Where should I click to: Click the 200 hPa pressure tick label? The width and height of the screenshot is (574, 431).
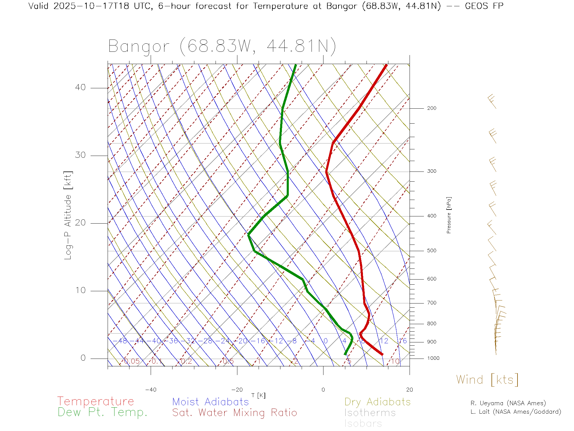click(x=431, y=108)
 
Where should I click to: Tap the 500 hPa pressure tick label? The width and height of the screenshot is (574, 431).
click(x=431, y=251)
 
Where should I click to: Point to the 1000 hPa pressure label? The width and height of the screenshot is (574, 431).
click(x=433, y=358)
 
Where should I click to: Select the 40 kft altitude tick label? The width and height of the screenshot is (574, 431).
click(x=80, y=87)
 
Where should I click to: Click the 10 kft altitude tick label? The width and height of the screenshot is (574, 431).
click(x=80, y=290)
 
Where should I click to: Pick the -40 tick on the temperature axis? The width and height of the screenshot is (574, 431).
click(x=151, y=390)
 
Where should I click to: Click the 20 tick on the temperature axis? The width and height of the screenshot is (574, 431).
click(x=409, y=390)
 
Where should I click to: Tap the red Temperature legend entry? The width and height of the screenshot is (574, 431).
click(x=95, y=401)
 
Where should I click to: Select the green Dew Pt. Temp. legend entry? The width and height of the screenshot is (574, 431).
click(x=103, y=412)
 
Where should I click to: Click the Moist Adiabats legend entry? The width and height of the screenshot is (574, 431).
click(x=210, y=402)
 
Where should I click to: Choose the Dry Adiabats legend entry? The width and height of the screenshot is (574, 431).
click(x=377, y=402)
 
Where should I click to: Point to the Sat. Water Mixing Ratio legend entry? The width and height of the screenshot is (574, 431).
click(x=234, y=413)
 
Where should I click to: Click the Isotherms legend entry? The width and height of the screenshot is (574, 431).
click(x=370, y=413)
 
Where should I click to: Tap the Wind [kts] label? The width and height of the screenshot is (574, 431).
click(x=487, y=380)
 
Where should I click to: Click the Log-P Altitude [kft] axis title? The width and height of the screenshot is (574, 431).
click(x=68, y=215)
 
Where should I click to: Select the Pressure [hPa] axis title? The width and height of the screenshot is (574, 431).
click(x=449, y=215)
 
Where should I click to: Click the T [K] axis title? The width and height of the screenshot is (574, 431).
click(x=258, y=395)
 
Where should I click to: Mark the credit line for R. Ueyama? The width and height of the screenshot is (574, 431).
click(x=508, y=403)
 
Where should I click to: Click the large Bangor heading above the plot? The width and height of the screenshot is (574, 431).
click(x=222, y=46)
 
